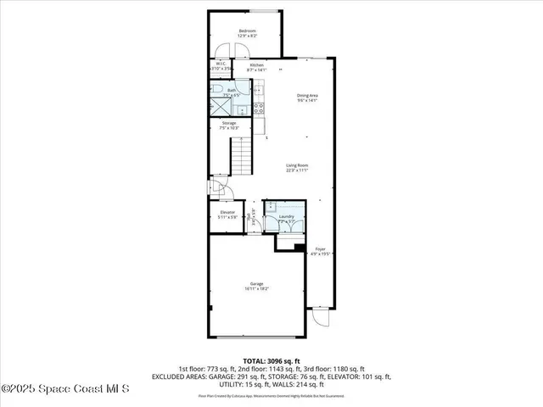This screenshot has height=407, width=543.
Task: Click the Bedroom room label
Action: click(x=247, y=31)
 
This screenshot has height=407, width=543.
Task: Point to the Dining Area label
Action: click(x=306, y=96)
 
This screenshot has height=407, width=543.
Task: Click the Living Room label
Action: click(x=296, y=165)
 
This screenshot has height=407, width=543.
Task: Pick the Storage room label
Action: click(x=228, y=123)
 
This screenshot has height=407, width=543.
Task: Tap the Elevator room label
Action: click(x=227, y=211)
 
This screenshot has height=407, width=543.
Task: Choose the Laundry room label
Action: click(x=285, y=217)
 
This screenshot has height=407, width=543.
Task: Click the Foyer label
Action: click(x=321, y=249)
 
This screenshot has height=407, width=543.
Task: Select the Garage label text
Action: click(x=255, y=283)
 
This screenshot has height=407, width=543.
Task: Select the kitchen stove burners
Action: click(x=259, y=107)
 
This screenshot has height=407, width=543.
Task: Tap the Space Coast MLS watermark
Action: click(x=65, y=389)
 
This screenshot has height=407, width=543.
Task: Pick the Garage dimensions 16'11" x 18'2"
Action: click(x=255, y=289)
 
